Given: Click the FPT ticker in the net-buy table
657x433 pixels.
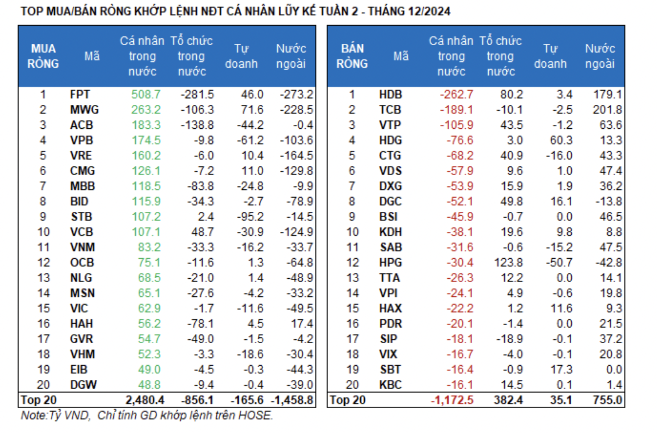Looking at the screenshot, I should [80, 94].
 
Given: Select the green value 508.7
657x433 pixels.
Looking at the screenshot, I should [146, 94].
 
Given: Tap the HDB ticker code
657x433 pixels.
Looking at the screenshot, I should [390, 94].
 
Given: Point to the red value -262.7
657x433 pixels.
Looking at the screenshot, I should [456, 94].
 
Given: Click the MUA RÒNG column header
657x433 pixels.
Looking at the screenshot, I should [43, 56].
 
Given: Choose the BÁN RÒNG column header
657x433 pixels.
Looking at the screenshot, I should [352, 56].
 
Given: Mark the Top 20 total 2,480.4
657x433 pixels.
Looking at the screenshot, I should [145, 400].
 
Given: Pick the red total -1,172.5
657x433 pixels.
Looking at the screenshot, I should [452, 400].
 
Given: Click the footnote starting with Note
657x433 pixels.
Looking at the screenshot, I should [147, 415].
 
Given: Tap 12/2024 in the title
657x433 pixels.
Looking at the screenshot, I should [429, 11].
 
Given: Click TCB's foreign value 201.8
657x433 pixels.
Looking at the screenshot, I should [607, 110].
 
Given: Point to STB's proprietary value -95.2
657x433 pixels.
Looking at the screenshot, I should [250, 217].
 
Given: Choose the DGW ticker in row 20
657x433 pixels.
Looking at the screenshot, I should [83, 385].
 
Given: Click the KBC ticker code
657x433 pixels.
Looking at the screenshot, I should [390, 385].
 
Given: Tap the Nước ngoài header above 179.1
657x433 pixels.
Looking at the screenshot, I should [600, 56].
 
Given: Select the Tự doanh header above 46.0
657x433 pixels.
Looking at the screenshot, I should [241, 56].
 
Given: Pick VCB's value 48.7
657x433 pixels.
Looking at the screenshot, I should [203, 232].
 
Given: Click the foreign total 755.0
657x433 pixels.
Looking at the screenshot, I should [607, 400].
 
